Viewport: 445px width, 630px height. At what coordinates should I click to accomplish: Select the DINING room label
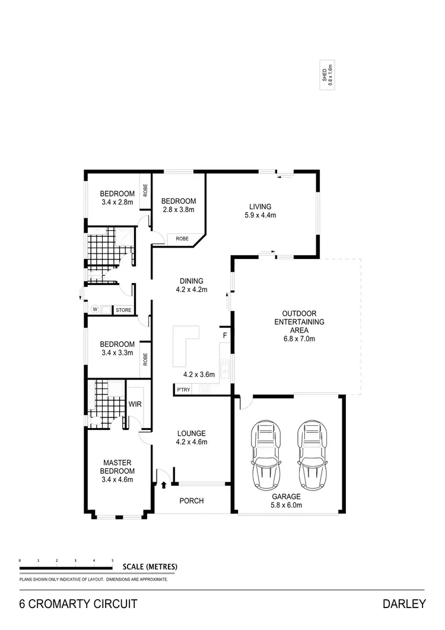pyautogui.click(x=189, y=281)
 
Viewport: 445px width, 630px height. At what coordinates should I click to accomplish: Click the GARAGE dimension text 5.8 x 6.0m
pyautogui.click(x=287, y=505)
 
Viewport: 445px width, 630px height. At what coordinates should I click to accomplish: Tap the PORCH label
pyautogui.click(x=192, y=501)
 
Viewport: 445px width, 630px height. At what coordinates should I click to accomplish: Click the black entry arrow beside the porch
pyautogui.click(x=164, y=485)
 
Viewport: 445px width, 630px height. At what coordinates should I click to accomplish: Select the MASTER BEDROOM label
pyautogui.click(x=117, y=467)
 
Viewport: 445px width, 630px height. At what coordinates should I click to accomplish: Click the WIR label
pyautogui.click(x=135, y=404)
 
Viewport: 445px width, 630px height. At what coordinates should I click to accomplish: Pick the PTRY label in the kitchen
pyautogui.click(x=183, y=390)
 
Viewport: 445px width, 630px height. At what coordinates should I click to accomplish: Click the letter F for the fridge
pyautogui.click(x=224, y=335)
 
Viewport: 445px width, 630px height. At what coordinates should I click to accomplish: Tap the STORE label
pyautogui.click(x=123, y=310)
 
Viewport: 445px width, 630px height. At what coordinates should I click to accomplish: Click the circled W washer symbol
pyautogui.click(x=94, y=309)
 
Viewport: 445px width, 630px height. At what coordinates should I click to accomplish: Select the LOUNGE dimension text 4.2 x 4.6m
pyautogui.click(x=191, y=442)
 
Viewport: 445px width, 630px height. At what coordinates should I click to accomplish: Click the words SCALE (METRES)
pyautogui.click(x=150, y=566)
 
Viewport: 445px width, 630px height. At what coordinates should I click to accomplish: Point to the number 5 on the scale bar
pyautogui.click(x=113, y=560)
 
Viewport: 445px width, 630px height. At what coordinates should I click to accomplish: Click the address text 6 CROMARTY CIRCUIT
pyautogui.click(x=78, y=604)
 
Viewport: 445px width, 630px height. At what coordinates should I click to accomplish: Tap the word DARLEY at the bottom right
pyautogui.click(x=405, y=604)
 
